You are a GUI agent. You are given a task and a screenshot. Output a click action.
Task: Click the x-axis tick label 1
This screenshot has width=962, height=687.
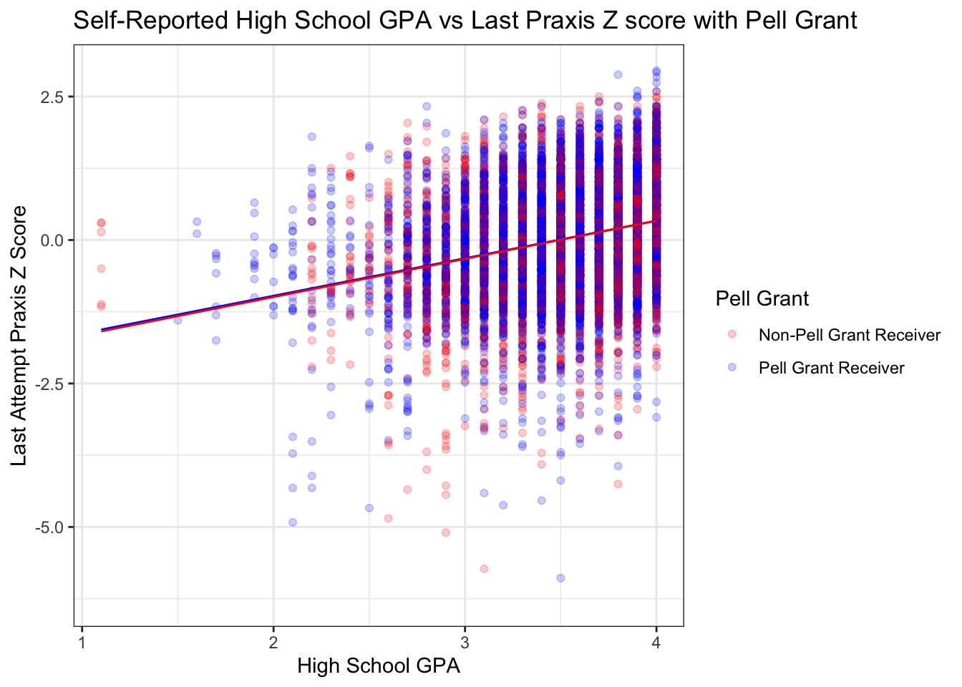(x=82, y=640)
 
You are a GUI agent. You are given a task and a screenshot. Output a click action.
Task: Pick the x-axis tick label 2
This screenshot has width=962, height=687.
(x=273, y=640)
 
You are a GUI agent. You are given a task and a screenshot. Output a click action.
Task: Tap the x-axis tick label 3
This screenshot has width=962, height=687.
(x=465, y=640)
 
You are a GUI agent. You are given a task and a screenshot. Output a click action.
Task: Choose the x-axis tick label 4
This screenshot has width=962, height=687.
(x=656, y=640)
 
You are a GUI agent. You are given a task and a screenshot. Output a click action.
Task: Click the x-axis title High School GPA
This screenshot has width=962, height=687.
(x=379, y=666)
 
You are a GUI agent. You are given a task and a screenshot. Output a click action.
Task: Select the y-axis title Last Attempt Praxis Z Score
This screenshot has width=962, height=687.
(x=19, y=335)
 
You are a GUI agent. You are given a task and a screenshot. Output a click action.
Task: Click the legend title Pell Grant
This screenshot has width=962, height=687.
(x=762, y=298)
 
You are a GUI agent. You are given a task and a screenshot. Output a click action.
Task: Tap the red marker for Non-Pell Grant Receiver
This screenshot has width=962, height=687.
(x=732, y=334)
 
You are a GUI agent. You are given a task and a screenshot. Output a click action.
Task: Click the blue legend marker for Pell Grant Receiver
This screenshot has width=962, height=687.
(x=732, y=367)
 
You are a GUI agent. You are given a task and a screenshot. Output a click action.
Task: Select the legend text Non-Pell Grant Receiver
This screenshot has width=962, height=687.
(x=850, y=335)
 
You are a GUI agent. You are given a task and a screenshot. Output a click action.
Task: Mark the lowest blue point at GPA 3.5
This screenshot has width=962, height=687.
(x=560, y=578)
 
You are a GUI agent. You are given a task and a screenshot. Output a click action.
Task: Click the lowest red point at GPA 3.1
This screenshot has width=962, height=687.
(x=484, y=568)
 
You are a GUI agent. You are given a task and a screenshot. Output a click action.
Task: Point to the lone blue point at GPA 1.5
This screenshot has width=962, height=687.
(x=178, y=320)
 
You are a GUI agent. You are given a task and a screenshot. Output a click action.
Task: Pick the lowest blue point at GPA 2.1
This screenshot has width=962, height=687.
(x=293, y=522)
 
